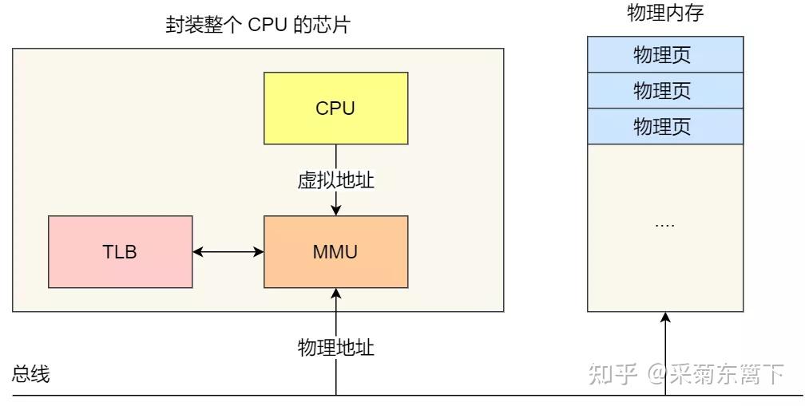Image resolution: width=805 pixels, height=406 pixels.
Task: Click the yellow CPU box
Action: pyautogui.click(x=335, y=108)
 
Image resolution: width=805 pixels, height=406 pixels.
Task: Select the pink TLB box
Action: pyautogui.click(x=120, y=252)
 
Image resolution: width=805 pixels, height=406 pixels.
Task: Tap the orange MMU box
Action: pyautogui.click(x=335, y=252)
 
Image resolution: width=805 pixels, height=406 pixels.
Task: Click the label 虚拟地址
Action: pyautogui.click(x=335, y=180)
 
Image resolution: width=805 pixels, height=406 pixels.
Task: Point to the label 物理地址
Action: pyautogui.click(x=335, y=347)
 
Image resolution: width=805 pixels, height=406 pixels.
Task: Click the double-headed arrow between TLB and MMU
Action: pyautogui.click(x=228, y=252)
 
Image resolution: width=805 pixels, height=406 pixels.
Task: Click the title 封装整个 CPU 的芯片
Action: pyautogui.click(x=257, y=26)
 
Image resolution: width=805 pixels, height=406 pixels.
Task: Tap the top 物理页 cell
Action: pyautogui.click(x=665, y=55)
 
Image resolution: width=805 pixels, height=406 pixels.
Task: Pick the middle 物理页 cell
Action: pyautogui.click(x=665, y=90)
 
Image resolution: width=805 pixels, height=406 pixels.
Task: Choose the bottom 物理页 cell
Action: pyautogui.click(x=665, y=126)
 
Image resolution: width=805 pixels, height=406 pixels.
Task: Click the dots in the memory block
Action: pyautogui.click(x=664, y=225)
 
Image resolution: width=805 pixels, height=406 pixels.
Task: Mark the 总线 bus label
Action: pyautogui.click(x=31, y=374)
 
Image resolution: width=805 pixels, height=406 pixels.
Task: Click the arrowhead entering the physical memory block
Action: pyautogui.click(x=665, y=318)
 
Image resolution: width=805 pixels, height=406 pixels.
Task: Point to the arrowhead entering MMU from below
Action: pyautogui.click(x=336, y=294)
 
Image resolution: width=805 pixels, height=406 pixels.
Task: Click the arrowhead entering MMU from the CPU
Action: pyautogui.click(x=336, y=210)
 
